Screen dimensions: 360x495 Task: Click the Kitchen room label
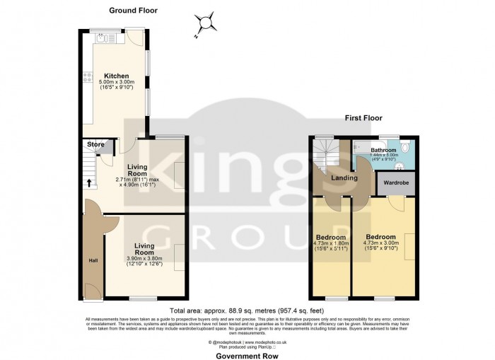tap(116, 76)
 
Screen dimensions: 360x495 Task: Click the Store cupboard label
tap(95, 144)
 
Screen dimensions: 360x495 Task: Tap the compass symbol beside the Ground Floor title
tap(206, 23)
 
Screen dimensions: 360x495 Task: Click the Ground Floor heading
tap(133, 11)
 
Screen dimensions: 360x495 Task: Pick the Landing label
tap(344, 178)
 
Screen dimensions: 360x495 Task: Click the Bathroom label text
tap(385, 150)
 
